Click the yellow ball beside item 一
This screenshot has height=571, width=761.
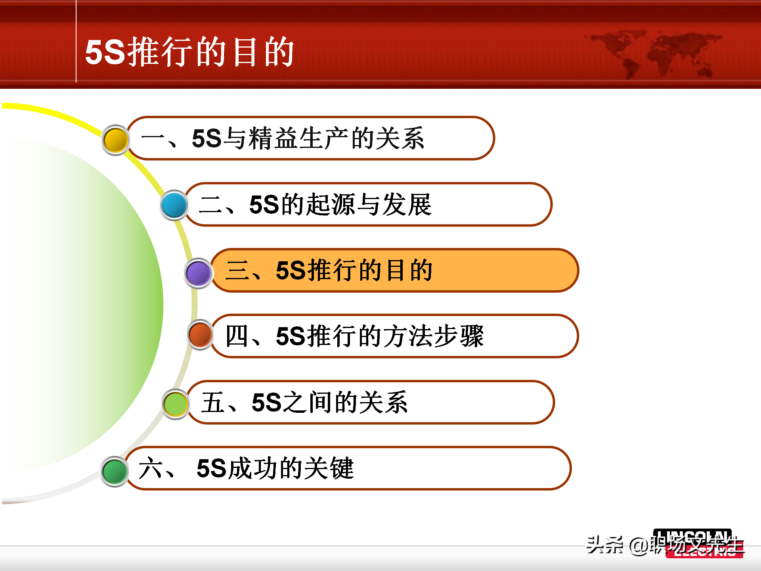116,140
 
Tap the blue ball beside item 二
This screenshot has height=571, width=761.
174,205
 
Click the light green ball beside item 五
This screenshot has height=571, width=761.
176,404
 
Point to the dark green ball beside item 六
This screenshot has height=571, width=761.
115,471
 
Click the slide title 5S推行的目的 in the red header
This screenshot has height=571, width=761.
189,52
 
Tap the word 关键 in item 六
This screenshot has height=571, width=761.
329,468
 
